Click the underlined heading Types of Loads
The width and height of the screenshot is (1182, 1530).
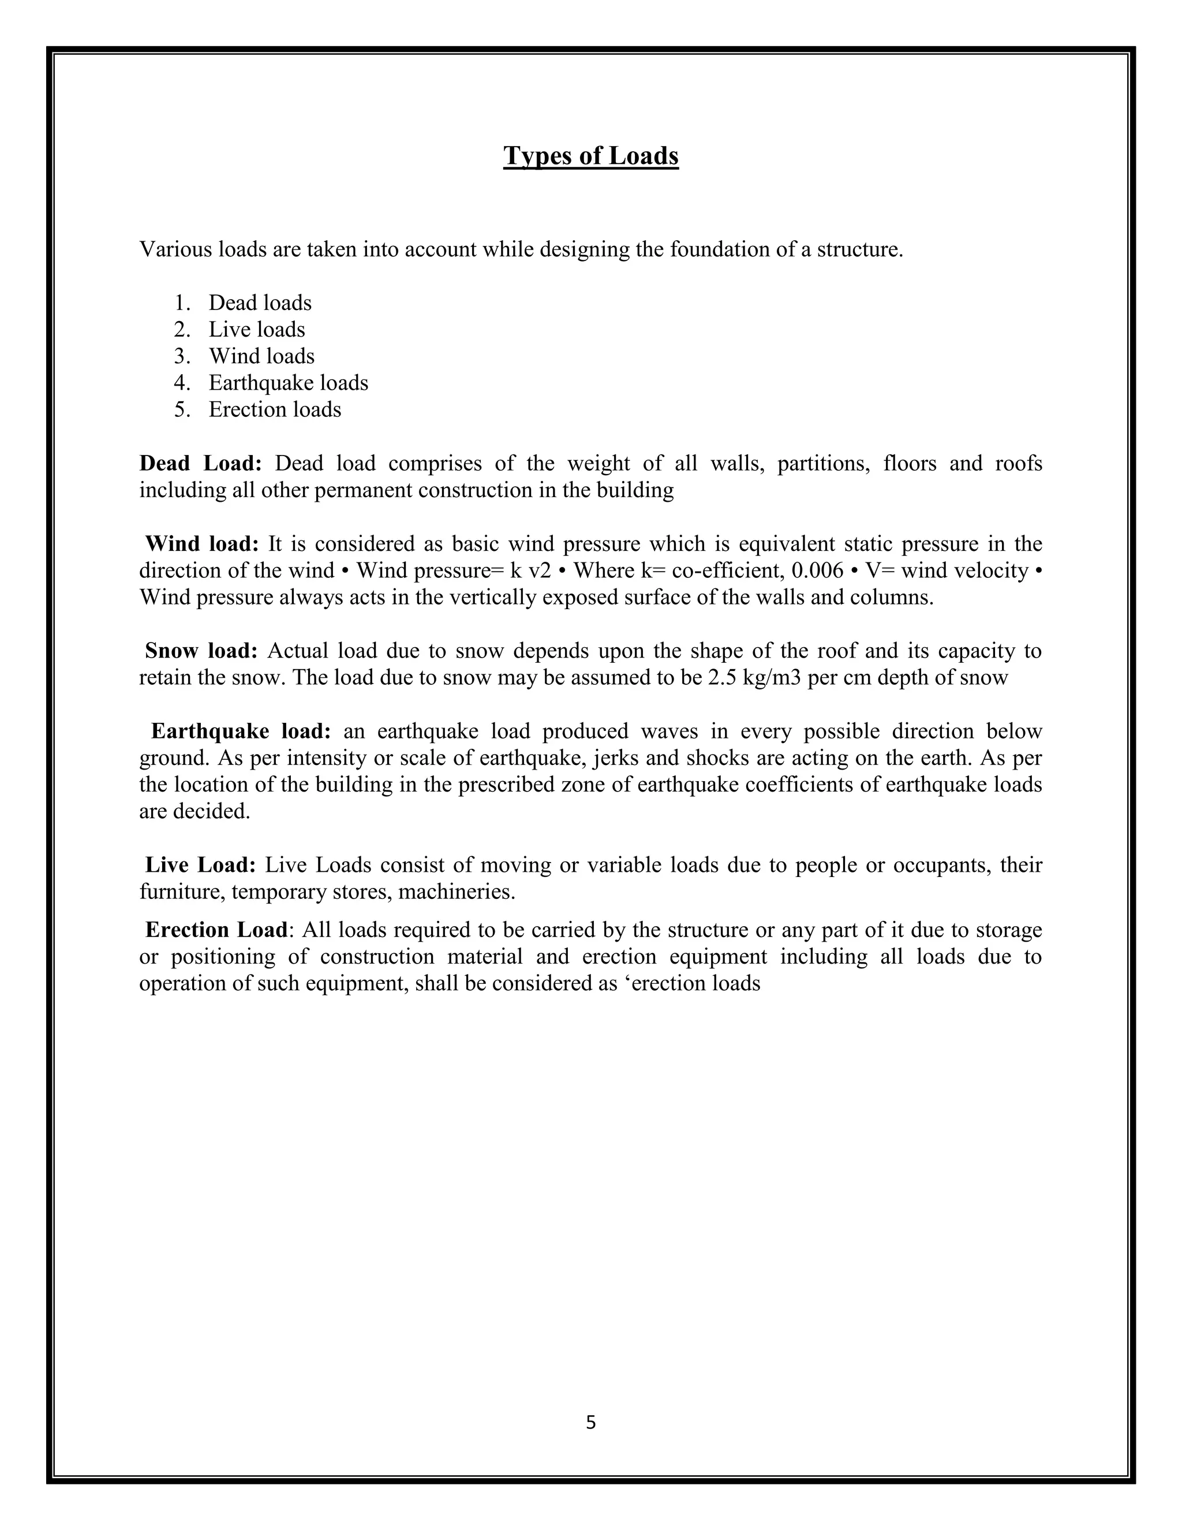coord(590,155)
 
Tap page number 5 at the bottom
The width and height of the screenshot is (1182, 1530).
coord(590,1422)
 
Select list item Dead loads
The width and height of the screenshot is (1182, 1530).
coord(260,303)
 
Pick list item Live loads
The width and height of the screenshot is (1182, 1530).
coord(256,329)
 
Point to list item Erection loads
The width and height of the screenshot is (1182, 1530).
coord(275,409)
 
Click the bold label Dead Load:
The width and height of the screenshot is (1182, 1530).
coord(200,463)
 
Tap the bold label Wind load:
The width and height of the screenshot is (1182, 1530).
coord(201,544)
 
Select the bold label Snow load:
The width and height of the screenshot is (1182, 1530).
coord(201,651)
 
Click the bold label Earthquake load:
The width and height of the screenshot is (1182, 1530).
coord(241,732)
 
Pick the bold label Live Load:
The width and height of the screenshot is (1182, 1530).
coord(200,865)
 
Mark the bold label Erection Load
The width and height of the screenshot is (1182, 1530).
coord(216,930)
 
